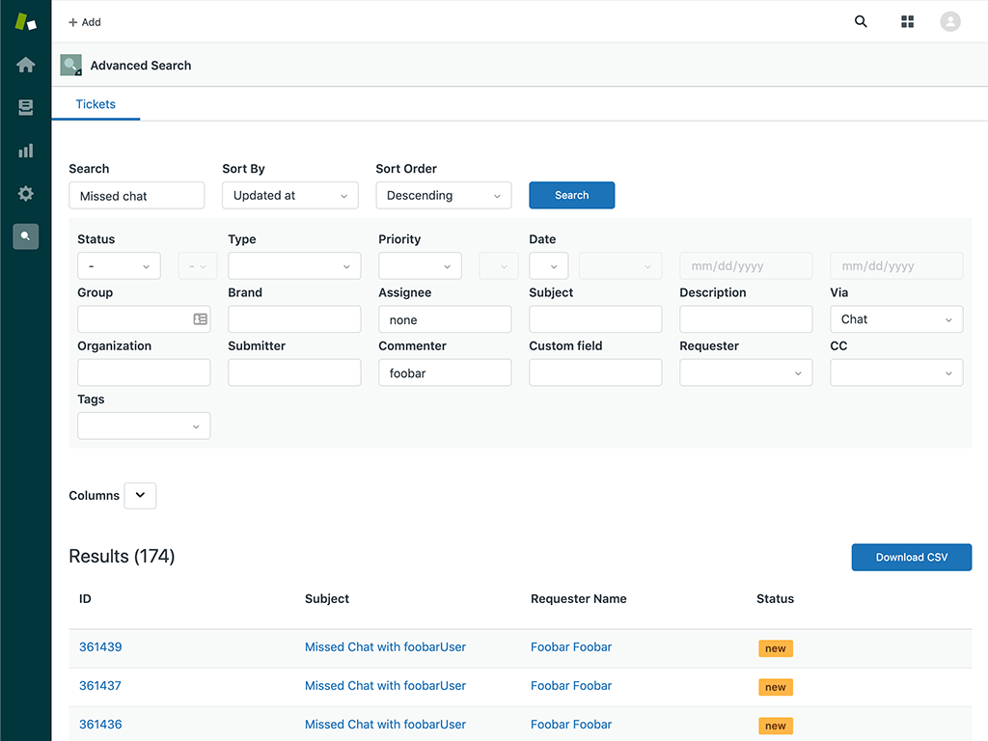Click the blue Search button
(x=571, y=195)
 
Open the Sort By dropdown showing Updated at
(x=289, y=195)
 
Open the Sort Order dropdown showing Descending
(x=443, y=195)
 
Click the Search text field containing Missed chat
(x=136, y=196)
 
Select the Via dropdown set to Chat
(x=895, y=319)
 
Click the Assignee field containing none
(x=444, y=319)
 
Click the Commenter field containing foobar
(x=444, y=372)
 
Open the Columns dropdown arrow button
(x=140, y=495)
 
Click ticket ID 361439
(x=100, y=647)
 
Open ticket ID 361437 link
(x=100, y=686)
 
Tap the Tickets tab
(x=96, y=104)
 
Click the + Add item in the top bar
(x=85, y=22)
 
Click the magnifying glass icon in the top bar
(x=861, y=21)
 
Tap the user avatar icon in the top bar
(x=950, y=21)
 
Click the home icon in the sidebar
(x=26, y=65)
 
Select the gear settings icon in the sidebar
(x=26, y=194)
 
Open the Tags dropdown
(x=144, y=425)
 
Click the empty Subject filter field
(x=594, y=319)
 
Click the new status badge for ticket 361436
(x=775, y=726)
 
